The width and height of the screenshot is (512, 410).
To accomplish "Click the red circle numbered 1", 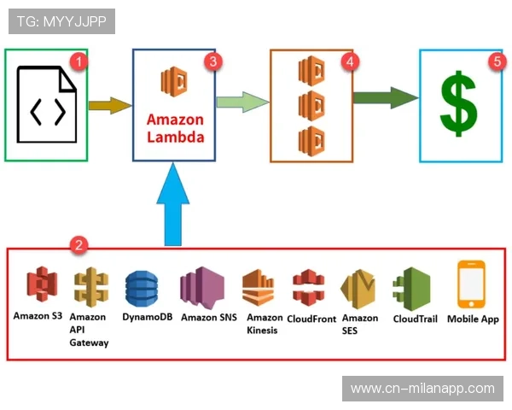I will (79, 61).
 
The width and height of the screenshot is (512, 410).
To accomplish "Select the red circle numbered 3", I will (213, 61).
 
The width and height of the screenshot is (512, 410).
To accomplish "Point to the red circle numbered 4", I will (347, 61).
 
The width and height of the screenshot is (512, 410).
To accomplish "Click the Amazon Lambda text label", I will (175, 128).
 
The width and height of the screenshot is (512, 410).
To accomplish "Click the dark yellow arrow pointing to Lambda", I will (110, 106).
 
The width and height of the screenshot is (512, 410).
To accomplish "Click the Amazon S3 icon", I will (39, 286).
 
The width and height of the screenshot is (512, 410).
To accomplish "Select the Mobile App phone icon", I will (471, 284).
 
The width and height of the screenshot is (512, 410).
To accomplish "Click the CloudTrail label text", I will (416, 319).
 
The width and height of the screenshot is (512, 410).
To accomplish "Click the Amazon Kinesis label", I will (262, 325).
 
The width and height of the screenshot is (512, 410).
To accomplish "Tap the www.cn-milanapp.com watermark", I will (422, 389).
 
